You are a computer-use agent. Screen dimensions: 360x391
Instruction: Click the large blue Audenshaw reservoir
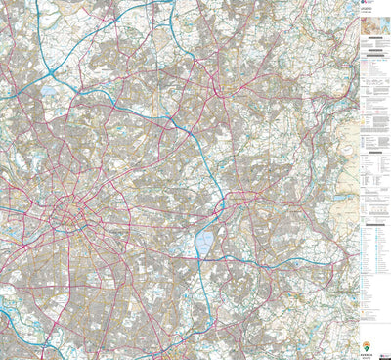point(203,240)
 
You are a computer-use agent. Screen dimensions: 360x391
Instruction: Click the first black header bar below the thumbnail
point(373,61)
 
